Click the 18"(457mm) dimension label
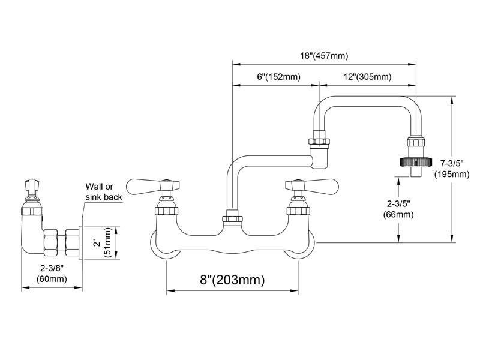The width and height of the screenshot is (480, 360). point(324,56)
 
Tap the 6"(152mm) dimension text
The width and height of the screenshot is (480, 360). point(278,77)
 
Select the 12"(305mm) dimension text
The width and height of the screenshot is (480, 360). point(367,77)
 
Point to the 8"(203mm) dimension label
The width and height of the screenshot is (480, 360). point(232,280)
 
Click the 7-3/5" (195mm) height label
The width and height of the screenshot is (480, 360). point(452,169)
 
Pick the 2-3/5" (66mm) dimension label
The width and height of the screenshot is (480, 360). point(398,209)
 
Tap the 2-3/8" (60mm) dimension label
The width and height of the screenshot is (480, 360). point(52,274)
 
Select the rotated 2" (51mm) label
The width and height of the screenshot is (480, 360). point(101,242)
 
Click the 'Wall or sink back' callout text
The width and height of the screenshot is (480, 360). point(104,191)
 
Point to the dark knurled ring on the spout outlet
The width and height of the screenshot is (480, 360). point(415,162)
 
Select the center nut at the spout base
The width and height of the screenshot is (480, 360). point(232,219)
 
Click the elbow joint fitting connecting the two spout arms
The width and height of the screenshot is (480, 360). point(319,154)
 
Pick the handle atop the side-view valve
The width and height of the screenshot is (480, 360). point(32,187)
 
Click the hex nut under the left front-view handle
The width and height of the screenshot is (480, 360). point(167,211)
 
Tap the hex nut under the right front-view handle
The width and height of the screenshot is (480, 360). point(298,211)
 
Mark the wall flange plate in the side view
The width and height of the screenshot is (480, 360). point(81,242)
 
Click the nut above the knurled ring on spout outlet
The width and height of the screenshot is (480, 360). point(416,142)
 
